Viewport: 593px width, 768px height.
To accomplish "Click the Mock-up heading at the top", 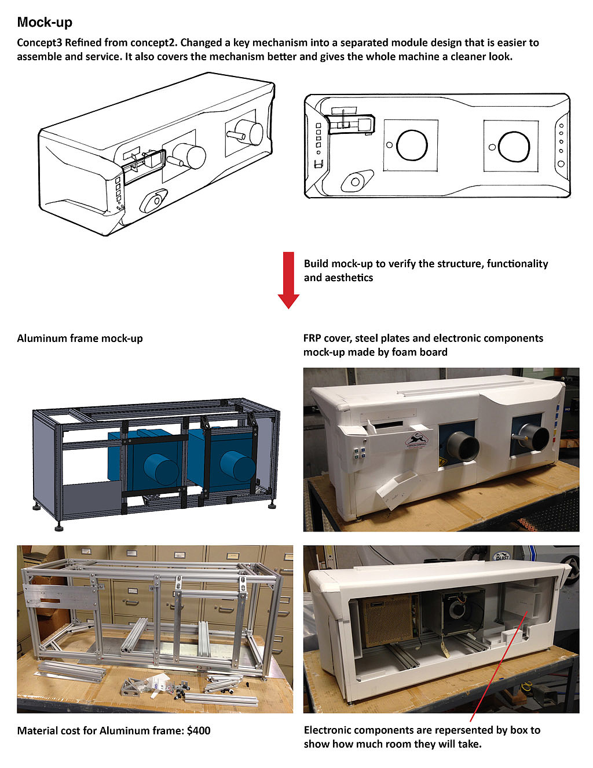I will tap(45, 23).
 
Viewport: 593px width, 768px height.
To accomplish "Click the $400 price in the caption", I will tap(199, 731).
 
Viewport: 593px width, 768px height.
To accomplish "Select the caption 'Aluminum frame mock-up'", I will tap(80, 338).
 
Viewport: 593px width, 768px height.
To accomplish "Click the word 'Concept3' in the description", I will tap(39, 43).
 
